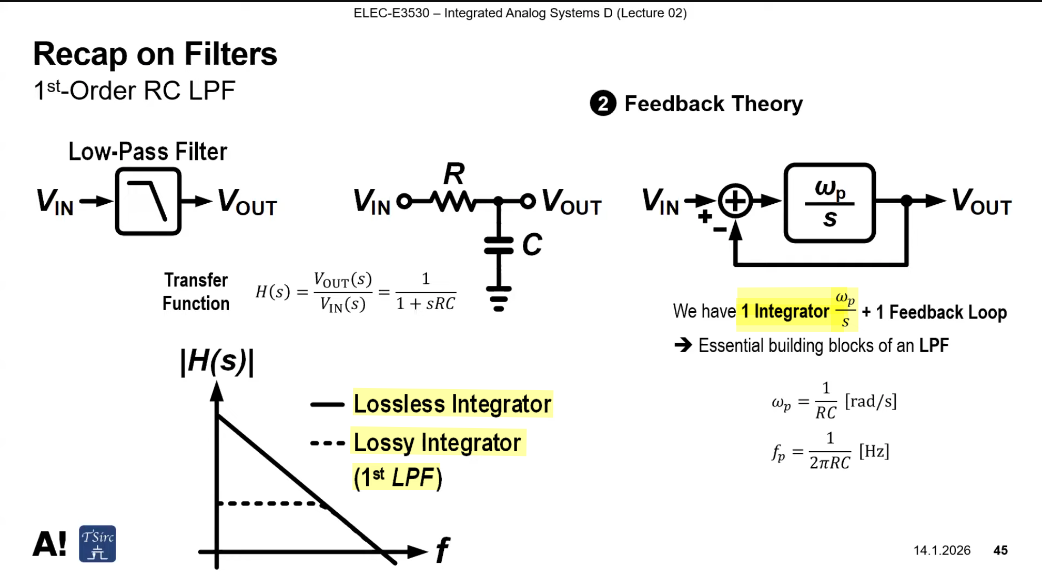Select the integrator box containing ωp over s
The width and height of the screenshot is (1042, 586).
pos(829,164)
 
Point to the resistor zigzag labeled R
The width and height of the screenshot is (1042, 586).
pos(452,201)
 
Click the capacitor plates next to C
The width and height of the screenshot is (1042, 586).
pos(499,245)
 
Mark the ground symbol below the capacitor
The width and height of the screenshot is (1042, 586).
pos(499,299)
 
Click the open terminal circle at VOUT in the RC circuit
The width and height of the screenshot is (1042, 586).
pos(528,195)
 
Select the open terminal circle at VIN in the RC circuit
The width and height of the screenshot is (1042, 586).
pos(404,195)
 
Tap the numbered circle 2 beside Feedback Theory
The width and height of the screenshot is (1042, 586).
pos(603,103)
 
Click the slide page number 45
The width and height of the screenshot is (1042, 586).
pos(1000,550)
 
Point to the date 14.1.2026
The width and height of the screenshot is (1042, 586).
pos(942,550)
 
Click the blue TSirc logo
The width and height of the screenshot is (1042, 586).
pos(97,544)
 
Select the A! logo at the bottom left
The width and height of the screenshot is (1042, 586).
pos(49,544)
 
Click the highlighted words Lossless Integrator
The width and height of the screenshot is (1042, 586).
pos(452,404)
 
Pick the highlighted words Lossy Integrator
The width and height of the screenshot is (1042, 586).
pos(437,443)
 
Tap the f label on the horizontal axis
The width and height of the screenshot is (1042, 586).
pos(442,550)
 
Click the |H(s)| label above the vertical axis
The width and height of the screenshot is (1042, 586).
pos(217,362)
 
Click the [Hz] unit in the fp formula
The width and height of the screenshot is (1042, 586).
pos(874,451)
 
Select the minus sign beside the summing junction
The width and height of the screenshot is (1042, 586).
pos(720,229)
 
